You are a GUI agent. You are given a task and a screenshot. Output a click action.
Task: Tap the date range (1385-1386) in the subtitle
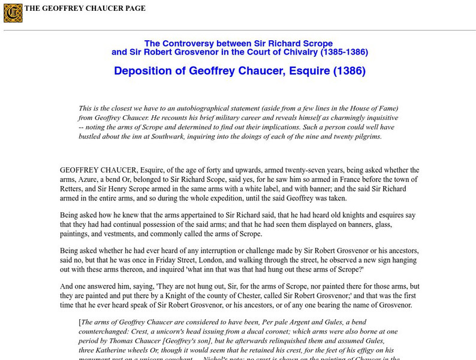(344, 52)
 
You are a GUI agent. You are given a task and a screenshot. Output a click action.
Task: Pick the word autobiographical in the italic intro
(203, 108)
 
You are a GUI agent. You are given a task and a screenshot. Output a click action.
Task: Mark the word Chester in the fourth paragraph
(243, 295)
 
